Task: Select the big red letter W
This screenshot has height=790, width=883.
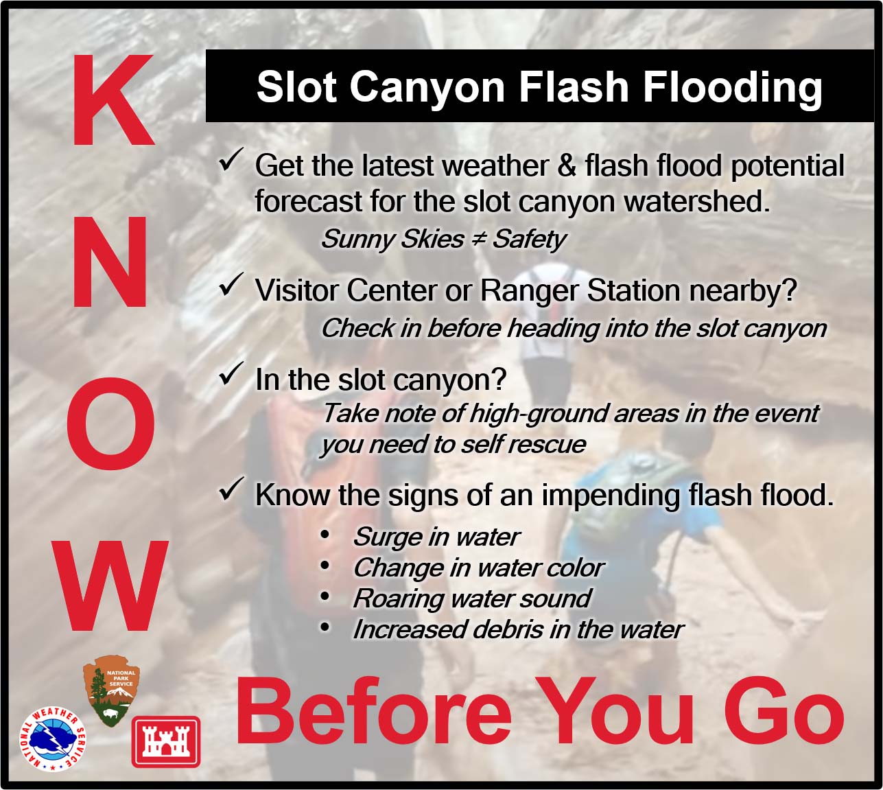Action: (x=110, y=585)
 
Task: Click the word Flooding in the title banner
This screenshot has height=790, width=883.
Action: (x=732, y=88)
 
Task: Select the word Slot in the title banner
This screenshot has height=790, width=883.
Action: (x=296, y=87)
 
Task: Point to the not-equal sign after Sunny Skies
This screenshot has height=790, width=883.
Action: (x=478, y=239)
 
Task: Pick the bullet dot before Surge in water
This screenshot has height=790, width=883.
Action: (x=325, y=535)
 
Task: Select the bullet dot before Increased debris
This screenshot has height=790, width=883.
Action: (x=325, y=627)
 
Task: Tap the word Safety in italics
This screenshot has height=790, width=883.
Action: (x=529, y=240)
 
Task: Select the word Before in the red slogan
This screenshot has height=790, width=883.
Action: (x=373, y=712)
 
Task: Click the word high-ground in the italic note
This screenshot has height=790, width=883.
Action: (x=538, y=414)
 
